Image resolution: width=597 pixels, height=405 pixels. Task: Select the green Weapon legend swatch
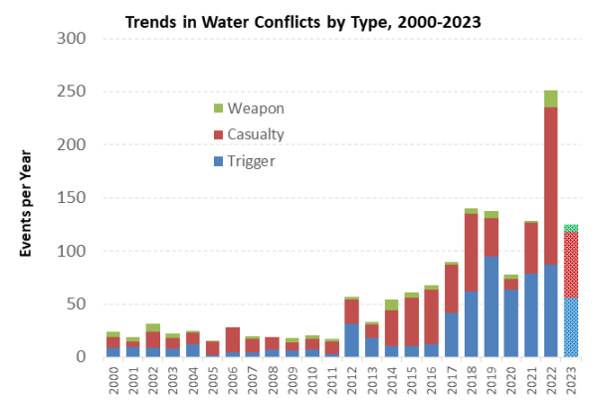coord(220,106)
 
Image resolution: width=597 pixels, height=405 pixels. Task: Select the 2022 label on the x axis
coord(550,378)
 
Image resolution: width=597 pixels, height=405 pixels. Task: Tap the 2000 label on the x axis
coord(113,378)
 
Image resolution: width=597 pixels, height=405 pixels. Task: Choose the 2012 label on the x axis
coord(351,378)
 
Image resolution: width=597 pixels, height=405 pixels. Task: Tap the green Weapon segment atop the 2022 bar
coord(550,99)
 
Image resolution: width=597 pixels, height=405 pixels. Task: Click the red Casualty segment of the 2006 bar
coord(233,338)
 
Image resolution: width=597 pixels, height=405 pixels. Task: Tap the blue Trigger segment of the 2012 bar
coord(352,339)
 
